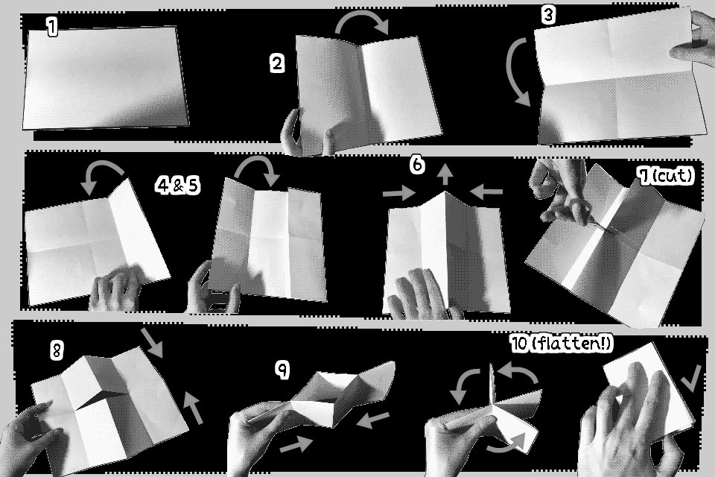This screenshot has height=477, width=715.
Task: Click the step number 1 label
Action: tap(52, 27)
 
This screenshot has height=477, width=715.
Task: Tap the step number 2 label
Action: tap(277, 63)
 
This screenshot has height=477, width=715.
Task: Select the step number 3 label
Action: tap(549, 15)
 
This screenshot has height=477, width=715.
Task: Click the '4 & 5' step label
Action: tap(177, 186)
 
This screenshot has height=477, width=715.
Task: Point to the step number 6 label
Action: tap(417, 164)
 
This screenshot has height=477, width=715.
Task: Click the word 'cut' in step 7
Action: tap(672, 175)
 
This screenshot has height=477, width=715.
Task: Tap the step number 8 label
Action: tap(57, 350)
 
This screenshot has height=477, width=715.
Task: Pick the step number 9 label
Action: tap(283, 369)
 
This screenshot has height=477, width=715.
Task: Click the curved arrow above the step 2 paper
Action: tap(362, 16)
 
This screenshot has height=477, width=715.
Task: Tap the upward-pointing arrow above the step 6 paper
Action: tap(445, 175)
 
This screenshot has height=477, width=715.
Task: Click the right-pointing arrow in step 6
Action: tap(399, 194)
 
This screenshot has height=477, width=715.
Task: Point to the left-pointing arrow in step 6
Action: tap(486, 192)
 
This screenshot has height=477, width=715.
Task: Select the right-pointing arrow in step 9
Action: tap(296, 444)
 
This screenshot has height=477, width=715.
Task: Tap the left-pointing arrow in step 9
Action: tap(373, 420)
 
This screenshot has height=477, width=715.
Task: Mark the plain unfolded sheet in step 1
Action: tap(105, 78)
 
